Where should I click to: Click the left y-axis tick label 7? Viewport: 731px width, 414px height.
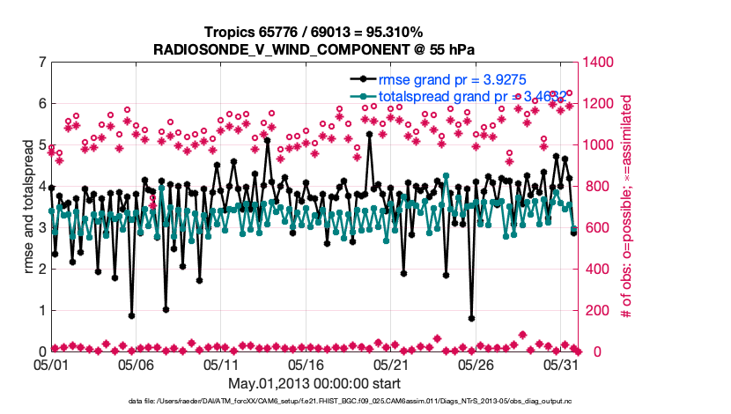(41, 63)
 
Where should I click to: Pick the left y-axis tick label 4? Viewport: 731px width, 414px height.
(41, 187)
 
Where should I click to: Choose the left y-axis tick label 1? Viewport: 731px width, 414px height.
(41, 311)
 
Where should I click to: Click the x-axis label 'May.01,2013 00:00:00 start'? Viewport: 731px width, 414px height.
(314, 383)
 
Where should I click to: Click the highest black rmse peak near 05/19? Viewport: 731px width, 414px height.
(369, 135)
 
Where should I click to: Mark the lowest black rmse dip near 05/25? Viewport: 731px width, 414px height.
(471, 319)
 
